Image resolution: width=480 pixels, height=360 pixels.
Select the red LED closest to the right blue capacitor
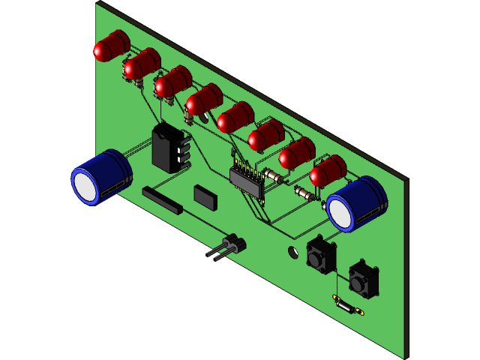327,172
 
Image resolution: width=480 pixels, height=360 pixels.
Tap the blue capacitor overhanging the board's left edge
103,176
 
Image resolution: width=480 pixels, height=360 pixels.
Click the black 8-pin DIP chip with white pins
169,148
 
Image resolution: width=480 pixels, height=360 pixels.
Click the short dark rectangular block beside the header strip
205,196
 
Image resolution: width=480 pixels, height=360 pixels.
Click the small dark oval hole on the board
292,252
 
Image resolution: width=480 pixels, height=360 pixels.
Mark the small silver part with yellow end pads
348,306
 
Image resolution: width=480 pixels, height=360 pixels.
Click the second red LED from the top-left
141,65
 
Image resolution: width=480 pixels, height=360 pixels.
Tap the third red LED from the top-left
172,82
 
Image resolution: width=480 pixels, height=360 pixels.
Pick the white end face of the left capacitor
86,185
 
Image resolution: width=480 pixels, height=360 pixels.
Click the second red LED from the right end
296,154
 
